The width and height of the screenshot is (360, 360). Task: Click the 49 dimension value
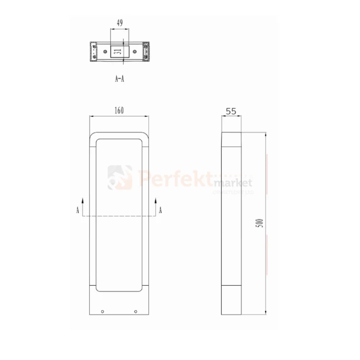[x=119, y=22]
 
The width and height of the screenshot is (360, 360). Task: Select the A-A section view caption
[x=120, y=79]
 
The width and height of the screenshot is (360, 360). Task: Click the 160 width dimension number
[x=119, y=110]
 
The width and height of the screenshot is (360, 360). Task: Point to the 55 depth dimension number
[x=231, y=111]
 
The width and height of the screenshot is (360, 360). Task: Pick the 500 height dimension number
[x=260, y=224]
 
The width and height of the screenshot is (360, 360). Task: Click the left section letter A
[x=77, y=210]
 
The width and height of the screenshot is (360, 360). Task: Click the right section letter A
[x=160, y=210]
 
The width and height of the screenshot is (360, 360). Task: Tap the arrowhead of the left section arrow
[x=84, y=198]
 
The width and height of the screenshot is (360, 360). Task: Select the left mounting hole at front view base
[x=102, y=311]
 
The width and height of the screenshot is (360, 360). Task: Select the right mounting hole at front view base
[x=136, y=311]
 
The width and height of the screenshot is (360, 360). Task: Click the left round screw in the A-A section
[x=106, y=49]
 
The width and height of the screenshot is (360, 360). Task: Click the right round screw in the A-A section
[x=135, y=49]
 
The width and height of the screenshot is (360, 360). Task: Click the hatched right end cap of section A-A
[x=147, y=51]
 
